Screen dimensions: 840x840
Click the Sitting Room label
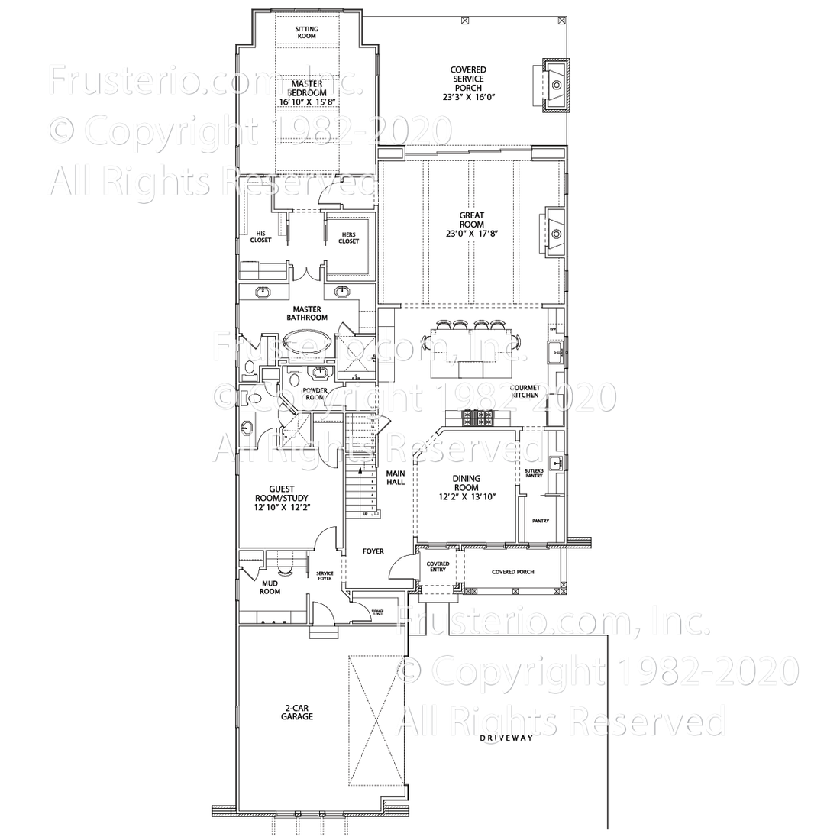coord(306,33)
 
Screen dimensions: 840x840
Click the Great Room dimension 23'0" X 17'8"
coord(472,234)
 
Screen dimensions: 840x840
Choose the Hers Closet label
coord(349,237)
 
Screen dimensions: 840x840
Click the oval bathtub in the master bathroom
coord(305,340)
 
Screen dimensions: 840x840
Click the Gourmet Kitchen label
coord(525,391)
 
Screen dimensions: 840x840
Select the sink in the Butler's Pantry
coord(558,463)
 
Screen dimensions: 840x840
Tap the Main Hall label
coord(396,477)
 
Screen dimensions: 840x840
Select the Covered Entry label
coord(438,566)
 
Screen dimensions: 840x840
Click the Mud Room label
coord(270,586)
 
